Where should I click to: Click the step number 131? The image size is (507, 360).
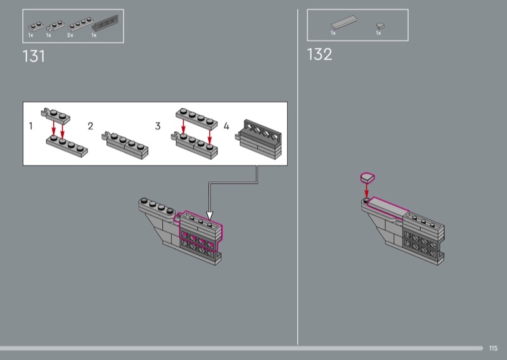point(34,56)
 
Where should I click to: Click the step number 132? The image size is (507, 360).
point(319,55)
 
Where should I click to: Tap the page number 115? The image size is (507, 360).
point(493,348)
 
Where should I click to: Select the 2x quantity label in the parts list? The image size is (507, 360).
point(70,35)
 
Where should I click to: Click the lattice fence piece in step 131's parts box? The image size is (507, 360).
point(105,23)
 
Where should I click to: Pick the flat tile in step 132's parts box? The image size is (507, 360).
point(344,22)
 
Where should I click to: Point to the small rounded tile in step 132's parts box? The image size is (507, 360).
point(380,25)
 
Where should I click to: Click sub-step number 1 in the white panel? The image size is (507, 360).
point(30,126)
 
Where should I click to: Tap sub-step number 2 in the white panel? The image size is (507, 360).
point(91,126)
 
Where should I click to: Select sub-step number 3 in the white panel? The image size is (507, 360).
point(158,126)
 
